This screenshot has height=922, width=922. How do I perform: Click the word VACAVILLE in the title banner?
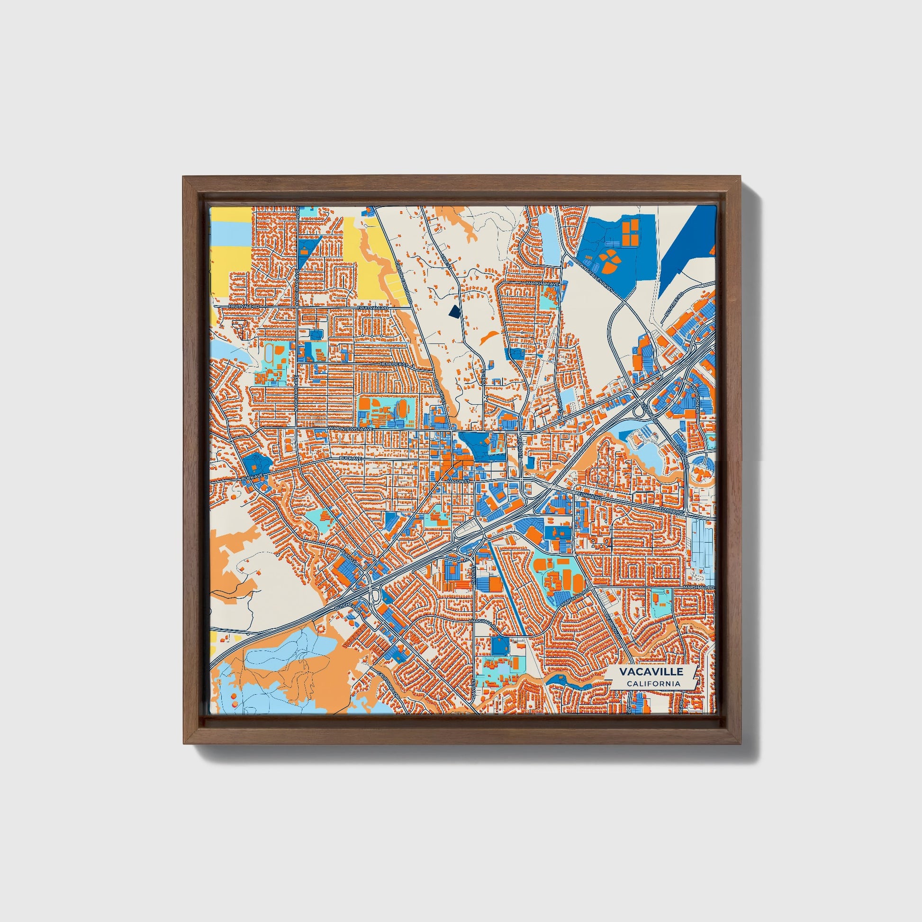coord(651,671)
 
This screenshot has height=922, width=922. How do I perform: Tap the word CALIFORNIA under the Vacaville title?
coord(653,684)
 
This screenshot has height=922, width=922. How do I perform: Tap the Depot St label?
coord(521,445)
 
